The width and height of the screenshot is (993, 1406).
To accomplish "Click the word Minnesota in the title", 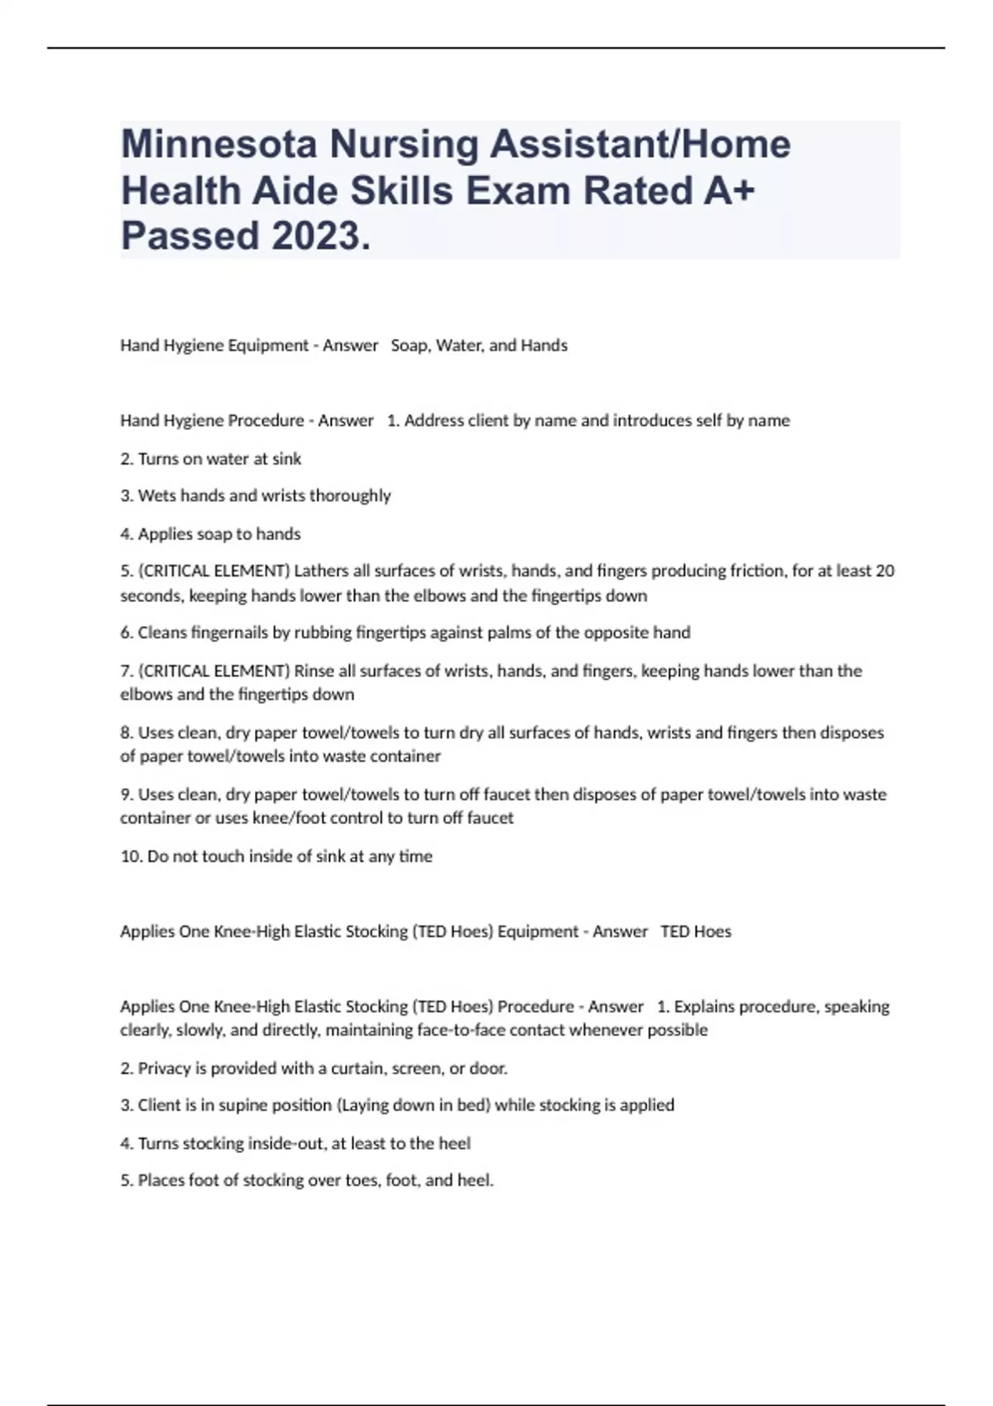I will point(218,144).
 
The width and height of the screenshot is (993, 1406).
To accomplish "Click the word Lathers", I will point(322,571).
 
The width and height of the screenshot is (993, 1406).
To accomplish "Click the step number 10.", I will point(131,856).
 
